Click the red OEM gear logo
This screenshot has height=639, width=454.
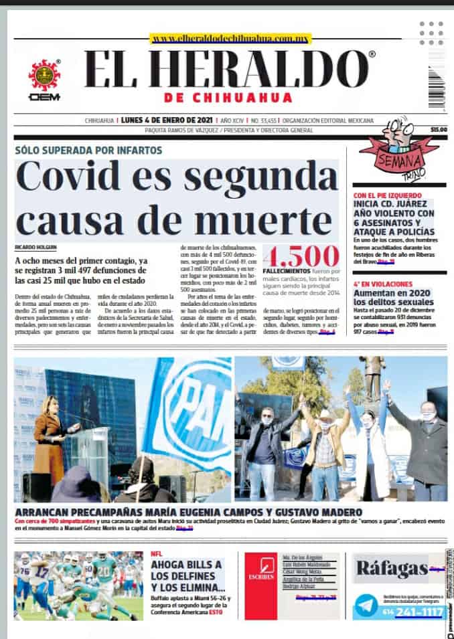(44, 76)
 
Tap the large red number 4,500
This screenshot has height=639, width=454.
(301, 257)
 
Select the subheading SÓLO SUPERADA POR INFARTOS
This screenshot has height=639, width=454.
(88, 149)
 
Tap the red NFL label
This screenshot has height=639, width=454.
(157, 554)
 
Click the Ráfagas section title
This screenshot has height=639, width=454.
(392, 569)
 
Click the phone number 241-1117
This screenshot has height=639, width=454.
(418, 612)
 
